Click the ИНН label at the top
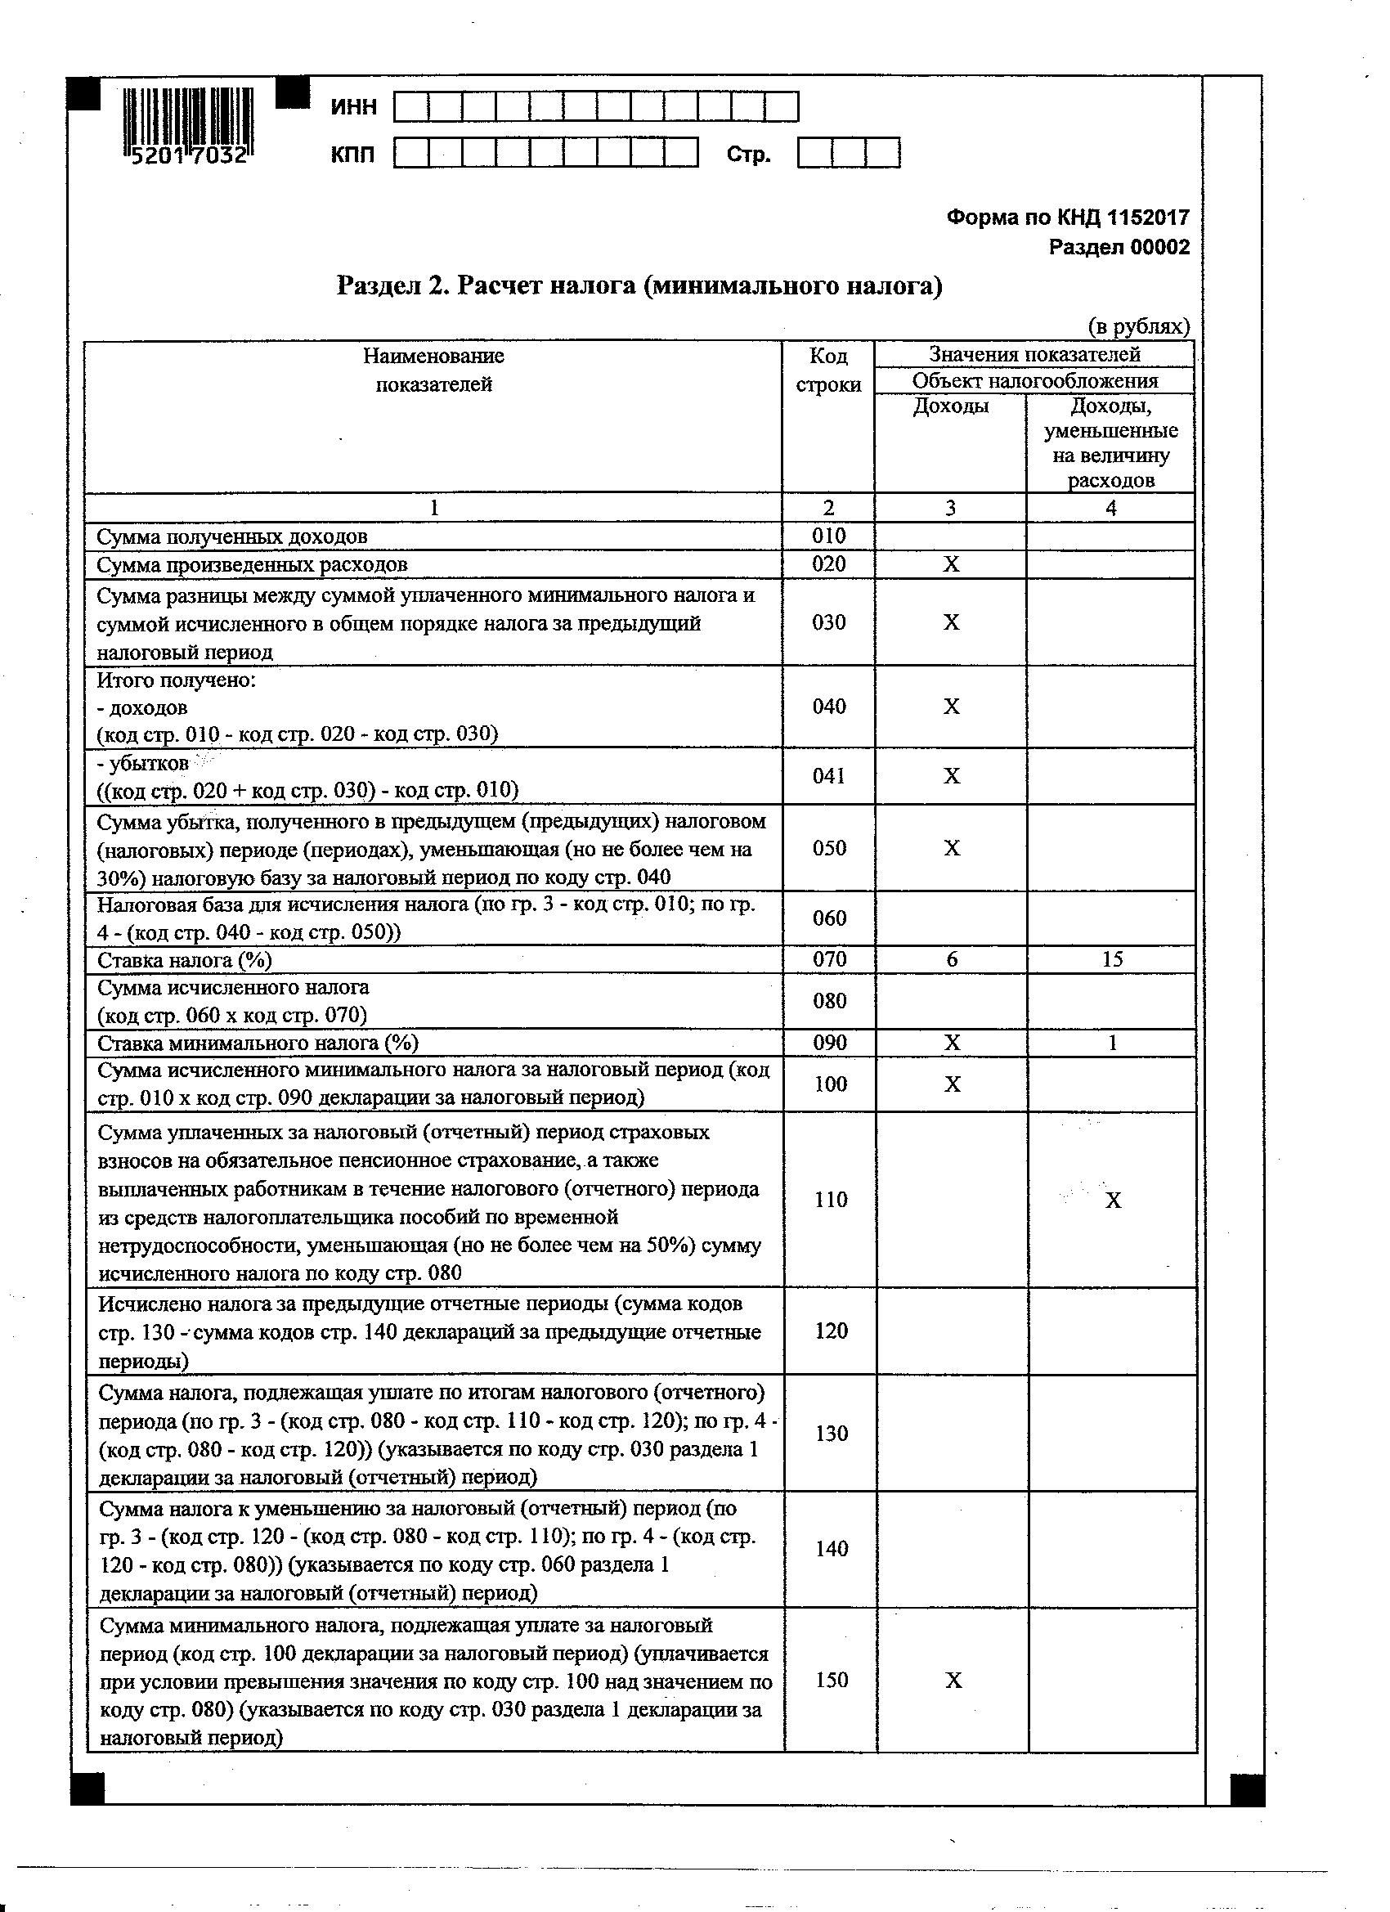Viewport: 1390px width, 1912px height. point(354,108)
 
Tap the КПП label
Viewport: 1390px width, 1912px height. point(353,155)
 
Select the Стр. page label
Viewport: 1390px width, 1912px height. point(748,155)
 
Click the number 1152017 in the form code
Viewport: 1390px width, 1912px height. point(1147,218)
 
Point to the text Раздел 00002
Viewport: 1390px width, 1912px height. point(1119,248)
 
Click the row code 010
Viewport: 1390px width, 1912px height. point(828,536)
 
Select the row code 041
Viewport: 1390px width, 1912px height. point(828,775)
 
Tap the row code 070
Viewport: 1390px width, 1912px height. point(828,959)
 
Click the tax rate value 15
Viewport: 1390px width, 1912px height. point(1112,959)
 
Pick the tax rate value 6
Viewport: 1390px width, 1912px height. point(952,959)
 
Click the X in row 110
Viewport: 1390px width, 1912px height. point(1113,1201)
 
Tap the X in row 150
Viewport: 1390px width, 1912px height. point(953,1681)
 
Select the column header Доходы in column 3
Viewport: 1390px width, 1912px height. point(951,407)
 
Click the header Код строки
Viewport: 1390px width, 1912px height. point(828,370)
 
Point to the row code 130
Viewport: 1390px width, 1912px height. point(831,1432)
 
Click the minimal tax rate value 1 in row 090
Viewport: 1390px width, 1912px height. point(1113,1043)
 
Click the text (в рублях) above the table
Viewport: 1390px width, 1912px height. point(1138,327)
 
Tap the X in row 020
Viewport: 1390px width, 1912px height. point(951,564)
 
